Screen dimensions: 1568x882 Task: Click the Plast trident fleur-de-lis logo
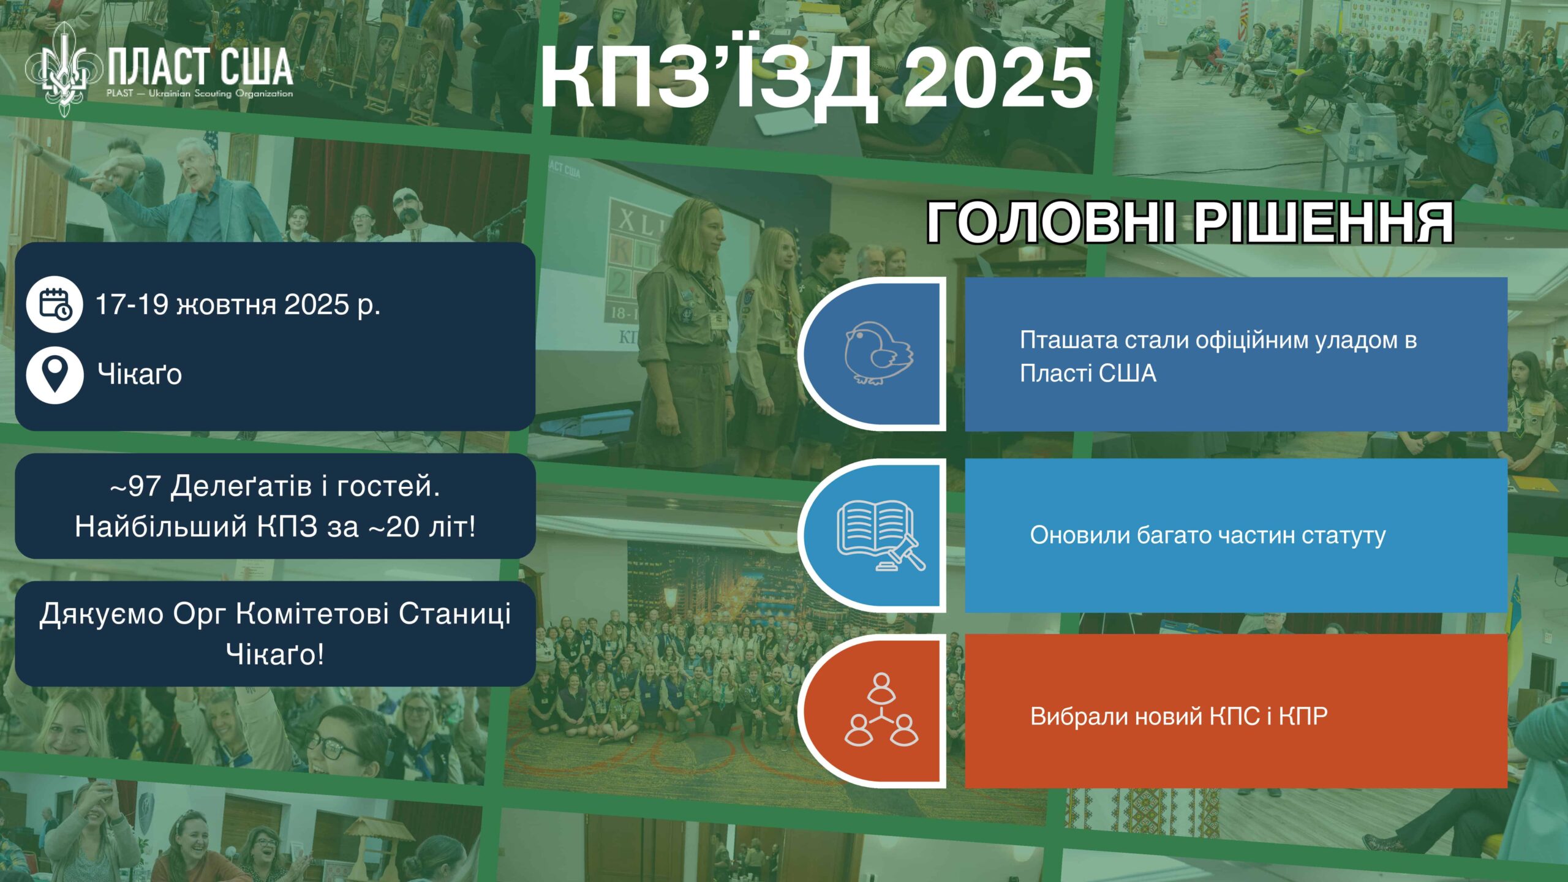(x=64, y=69)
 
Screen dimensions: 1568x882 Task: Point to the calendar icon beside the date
(x=55, y=304)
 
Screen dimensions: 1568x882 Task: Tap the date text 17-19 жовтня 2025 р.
(x=238, y=304)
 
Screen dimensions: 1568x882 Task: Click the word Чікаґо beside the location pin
(x=140, y=374)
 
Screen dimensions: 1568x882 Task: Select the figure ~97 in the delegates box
(x=135, y=487)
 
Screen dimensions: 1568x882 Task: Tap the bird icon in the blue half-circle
(x=879, y=353)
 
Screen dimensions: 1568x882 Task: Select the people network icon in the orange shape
(x=881, y=709)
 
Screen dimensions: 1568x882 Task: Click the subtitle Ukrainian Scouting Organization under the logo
(x=221, y=94)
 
